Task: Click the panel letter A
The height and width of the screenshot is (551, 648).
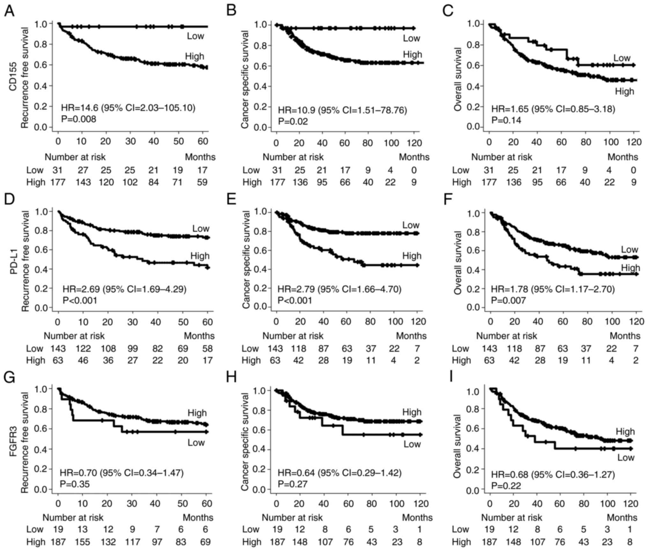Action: click(x=10, y=11)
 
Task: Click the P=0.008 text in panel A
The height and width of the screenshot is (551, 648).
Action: click(x=78, y=119)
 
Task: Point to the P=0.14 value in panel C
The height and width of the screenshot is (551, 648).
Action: click(x=506, y=120)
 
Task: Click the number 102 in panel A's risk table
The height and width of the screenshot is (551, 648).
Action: click(x=130, y=182)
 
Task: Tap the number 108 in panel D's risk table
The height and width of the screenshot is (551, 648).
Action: click(x=108, y=349)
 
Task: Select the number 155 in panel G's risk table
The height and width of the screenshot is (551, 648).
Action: click(x=83, y=542)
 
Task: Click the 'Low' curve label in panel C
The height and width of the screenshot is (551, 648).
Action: click(x=622, y=58)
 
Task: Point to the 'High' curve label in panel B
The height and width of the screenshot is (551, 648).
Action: click(x=412, y=55)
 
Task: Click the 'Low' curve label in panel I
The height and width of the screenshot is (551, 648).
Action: click(x=626, y=458)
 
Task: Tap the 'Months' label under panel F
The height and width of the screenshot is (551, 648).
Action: click(x=625, y=336)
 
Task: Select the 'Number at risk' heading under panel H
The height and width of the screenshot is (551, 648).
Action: click(x=292, y=518)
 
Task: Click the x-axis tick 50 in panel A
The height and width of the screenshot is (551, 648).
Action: click(x=179, y=141)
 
